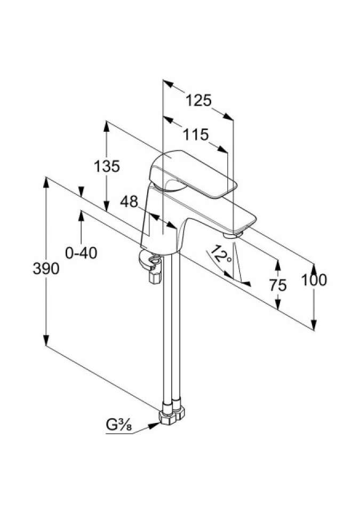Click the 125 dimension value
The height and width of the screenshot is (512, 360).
199,100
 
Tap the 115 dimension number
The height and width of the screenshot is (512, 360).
195,134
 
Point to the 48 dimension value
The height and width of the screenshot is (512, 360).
129,201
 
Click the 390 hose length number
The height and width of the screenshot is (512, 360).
46,269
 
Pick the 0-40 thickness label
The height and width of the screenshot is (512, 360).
81,253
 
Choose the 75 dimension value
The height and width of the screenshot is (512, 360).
278,285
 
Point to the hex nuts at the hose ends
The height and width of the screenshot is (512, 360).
172,414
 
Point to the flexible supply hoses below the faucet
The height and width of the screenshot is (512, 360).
174,331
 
